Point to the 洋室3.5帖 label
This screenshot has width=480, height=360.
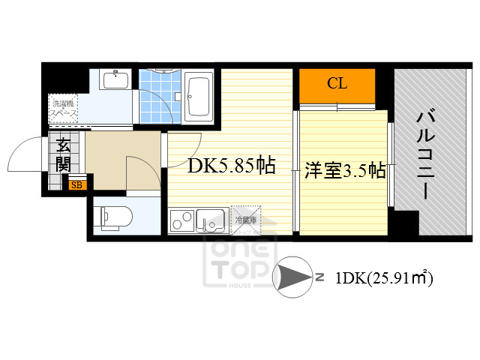tap(344, 171)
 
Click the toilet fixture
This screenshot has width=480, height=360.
tap(116, 216)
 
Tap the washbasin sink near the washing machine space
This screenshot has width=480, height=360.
tap(115, 79)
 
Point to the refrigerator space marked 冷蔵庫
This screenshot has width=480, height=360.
tap(245, 219)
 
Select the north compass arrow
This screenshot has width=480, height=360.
tap(293, 277)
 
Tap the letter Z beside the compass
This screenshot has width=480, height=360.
tap(319, 277)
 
